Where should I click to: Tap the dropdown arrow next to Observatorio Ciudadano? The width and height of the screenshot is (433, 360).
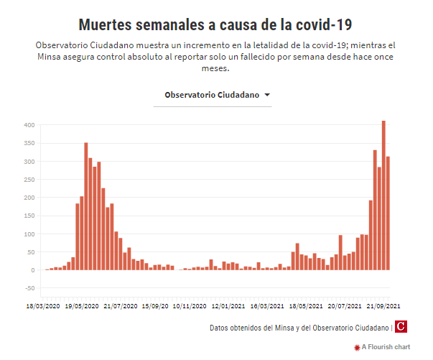click(x=267, y=95)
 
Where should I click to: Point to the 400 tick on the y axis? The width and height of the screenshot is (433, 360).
click(x=29, y=125)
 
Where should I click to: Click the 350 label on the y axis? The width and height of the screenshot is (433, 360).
click(x=29, y=144)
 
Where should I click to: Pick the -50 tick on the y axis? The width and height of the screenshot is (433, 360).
click(x=29, y=288)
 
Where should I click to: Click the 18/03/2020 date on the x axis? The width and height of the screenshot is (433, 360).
click(x=43, y=306)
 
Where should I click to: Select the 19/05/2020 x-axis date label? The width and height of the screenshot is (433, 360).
click(x=82, y=306)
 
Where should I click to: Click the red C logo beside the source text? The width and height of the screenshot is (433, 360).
click(x=401, y=328)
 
